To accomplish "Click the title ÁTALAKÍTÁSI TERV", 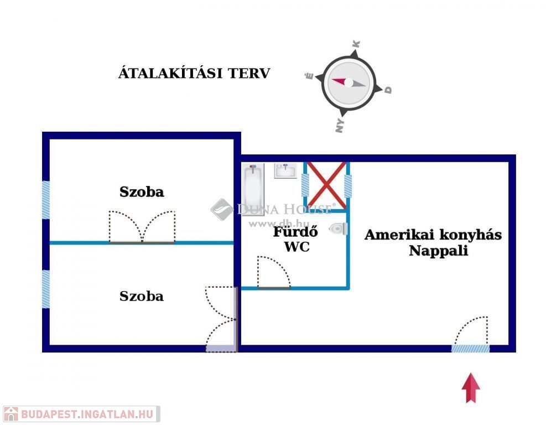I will (194, 73).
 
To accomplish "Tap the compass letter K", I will (357, 44).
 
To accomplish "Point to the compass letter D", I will (388, 89).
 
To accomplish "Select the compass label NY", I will (340, 126).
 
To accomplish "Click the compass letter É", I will (310, 76).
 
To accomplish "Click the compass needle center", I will (349, 82).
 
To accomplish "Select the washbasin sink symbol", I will (286, 171).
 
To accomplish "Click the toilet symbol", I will (338, 229).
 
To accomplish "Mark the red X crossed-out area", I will (326, 185).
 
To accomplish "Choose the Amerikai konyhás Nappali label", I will (433, 242).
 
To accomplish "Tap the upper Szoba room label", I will (142, 192).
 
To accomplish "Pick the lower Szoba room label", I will (142, 296).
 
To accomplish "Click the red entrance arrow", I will (471, 387).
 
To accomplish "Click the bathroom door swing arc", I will (274, 272).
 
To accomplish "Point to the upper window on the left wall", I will (46, 200).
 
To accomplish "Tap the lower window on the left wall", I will (46, 288).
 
